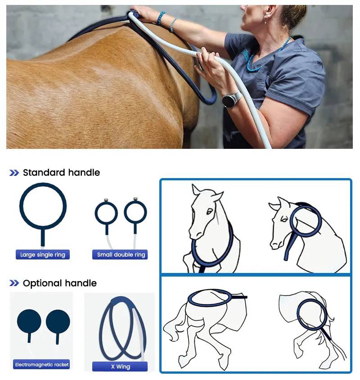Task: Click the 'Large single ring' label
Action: [43, 255]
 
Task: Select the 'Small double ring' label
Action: [120, 255]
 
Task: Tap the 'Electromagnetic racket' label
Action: [41, 365]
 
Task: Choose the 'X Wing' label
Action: [120, 367]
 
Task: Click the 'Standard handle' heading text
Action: [61, 173]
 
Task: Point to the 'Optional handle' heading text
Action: [60, 283]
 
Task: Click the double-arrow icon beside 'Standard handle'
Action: [14, 173]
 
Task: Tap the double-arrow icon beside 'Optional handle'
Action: [14, 283]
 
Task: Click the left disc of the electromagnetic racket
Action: [29, 322]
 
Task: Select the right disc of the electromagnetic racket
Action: [58, 322]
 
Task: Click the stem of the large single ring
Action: [43, 237]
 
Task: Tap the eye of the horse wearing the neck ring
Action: [209, 211]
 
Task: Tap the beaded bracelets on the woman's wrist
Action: [166, 21]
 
